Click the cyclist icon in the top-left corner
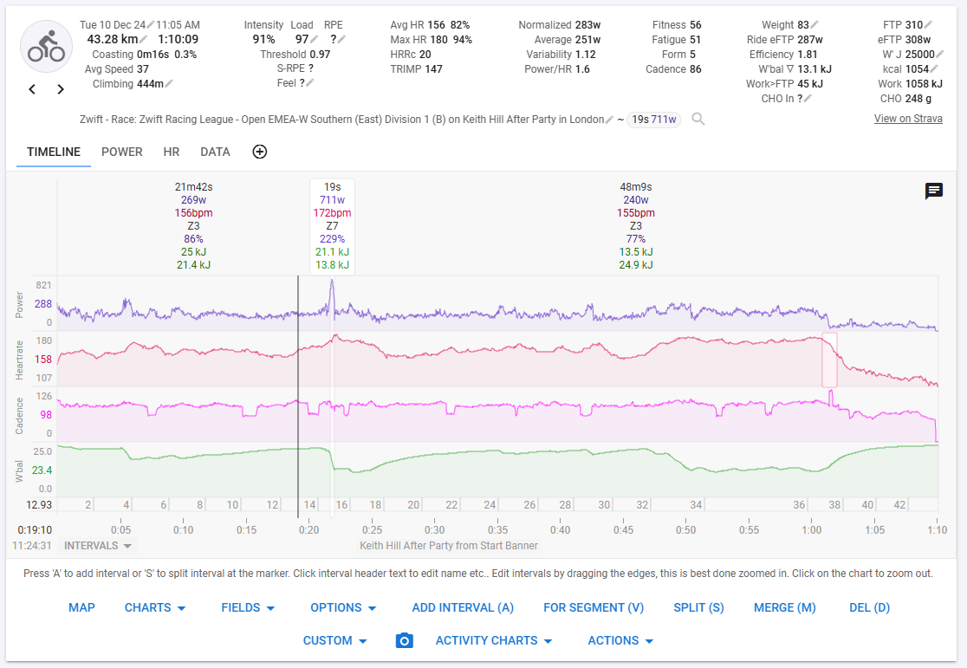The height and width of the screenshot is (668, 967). (x=46, y=46)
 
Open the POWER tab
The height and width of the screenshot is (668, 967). (x=122, y=152)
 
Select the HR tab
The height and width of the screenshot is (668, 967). (x=172, y=152)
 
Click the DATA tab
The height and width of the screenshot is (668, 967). (x=215, y=152)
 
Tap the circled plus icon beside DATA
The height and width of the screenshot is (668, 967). (x=260, y=152)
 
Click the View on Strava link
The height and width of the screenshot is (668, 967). (x=908, y=119)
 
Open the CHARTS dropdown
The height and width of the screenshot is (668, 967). (x=155, y=607)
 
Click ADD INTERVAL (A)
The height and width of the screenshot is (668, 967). (x=463, y=607)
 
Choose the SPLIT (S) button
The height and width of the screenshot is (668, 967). (x=698, y=607)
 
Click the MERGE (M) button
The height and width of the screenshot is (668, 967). (x=784, y=607)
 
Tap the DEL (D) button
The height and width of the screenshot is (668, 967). (x=869, y=607)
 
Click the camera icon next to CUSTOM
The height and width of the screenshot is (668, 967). (x=404, y=640)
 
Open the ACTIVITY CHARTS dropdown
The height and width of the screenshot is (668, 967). (x=493, y=640)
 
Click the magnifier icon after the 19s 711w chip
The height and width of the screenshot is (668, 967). (x=698, y=120)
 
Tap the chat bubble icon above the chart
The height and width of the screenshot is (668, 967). (x=934, y=191)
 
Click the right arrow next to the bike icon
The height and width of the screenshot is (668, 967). (x=61, y=89)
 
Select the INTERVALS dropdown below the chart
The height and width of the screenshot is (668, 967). (x=98, y=546)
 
